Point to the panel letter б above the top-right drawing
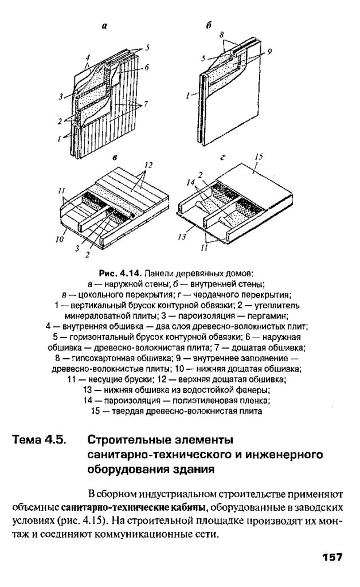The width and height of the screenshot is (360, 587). [209, 25]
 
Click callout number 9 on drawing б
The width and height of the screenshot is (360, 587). [269, 51]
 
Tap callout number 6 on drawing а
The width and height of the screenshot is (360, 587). [147, 67]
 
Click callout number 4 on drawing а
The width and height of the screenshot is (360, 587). [88, 58]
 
